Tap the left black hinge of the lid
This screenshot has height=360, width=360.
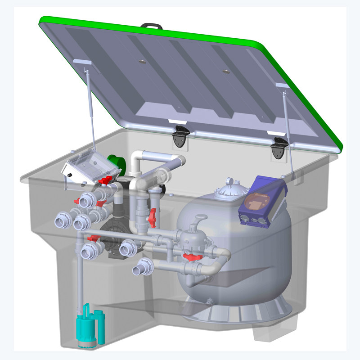click(181, 135)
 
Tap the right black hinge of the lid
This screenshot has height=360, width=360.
click(279, 147)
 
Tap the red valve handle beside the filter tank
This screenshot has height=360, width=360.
click(192, 257)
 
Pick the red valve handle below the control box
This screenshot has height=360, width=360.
click(104, 181)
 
